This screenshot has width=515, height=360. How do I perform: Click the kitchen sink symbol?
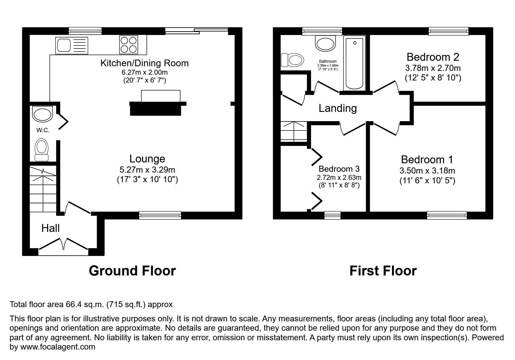pyautogui.click(x=71, y=45)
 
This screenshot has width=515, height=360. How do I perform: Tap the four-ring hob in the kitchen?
pyautogui.click(x=129, y=45)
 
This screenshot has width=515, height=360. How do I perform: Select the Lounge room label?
pyautogui.click(x=147, y=159)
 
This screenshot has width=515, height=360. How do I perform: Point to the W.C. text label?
pyautogui.click(x=43, y=130)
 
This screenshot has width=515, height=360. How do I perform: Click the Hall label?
pyautogui.click(x=50, y=228)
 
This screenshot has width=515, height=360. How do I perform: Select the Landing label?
pyautogui.click(x=338, y=108)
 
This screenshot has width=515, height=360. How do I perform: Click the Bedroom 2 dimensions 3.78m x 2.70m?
pyautogui.click(x=433, y=68)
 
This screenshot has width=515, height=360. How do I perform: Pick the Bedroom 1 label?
pyautogui.click(x=427, y=160)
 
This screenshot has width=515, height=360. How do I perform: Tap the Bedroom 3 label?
pyautogui.click(x=339, y=169)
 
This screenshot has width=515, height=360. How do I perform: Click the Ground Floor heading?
pyautogui.click(x=132, y=271)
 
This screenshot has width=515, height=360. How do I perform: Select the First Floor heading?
pyautogui.click(x=383, y=271)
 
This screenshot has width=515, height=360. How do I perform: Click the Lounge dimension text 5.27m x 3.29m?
pyautogui.click(x=147, y=170)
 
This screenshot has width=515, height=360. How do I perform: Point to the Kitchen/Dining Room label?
pyautogui.click(x=145, y=63)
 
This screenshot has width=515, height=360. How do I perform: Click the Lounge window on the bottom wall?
pyautogui.click(x=160, y=215)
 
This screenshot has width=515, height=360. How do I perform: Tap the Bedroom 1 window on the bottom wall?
pyautogui.click(x=447, y=215)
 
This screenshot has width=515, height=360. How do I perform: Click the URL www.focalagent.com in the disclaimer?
pyautogui.click(x=57, y=347)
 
